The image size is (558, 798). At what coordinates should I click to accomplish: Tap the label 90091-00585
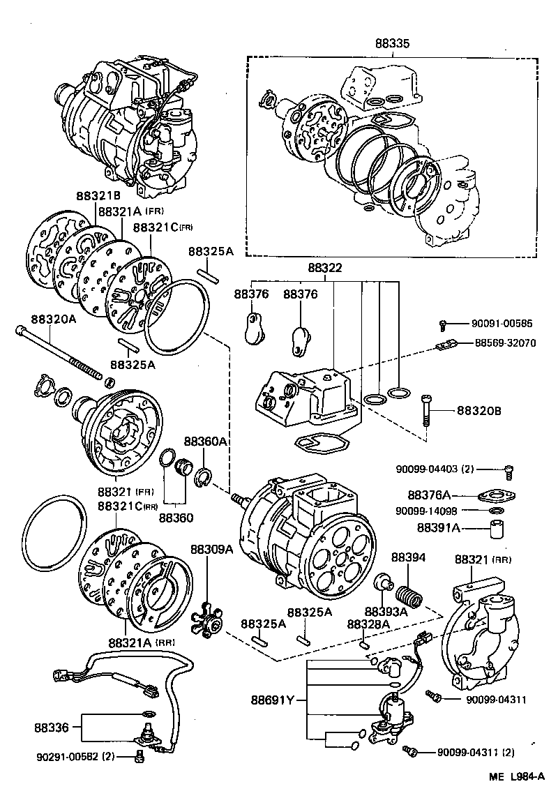pos(502,323)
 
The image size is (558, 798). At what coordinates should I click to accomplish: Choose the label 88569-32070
pos(506,343)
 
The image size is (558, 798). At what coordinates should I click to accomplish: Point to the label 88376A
pos(443,496)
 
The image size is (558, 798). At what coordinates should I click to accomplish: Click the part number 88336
pos(51,727)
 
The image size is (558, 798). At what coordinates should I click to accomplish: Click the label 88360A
pos(206,442)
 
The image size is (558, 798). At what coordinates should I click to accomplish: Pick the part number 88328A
pos(368,624)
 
